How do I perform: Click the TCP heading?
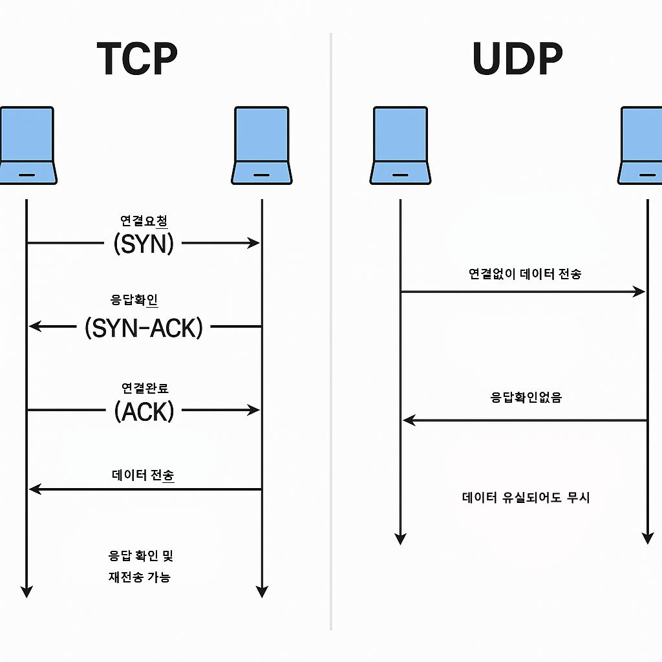click(137, 59)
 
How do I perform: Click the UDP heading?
click(517, 59)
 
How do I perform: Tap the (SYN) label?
click(144, 243)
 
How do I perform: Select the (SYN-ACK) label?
click(144, 327)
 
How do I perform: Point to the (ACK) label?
click(144, 411)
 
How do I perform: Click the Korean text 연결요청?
click(144, 220)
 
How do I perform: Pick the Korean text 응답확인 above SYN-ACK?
click(134, 300)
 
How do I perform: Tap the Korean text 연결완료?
click(145, 388)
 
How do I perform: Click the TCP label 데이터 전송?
click(143, 476)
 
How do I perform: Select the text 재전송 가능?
click(139, 577)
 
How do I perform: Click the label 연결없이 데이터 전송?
click(524, 273)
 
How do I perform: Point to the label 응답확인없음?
click(526, 397)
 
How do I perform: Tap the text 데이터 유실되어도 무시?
click(526, 497)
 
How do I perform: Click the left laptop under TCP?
click(27, 145)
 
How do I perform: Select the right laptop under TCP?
click(261, 145)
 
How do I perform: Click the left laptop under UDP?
click(400, 145)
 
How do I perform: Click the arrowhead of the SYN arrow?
click(254, 243)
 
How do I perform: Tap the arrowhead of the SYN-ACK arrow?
click(34, 326)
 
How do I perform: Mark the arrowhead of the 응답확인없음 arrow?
click(409, 420)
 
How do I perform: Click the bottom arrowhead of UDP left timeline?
click(400, 538)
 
